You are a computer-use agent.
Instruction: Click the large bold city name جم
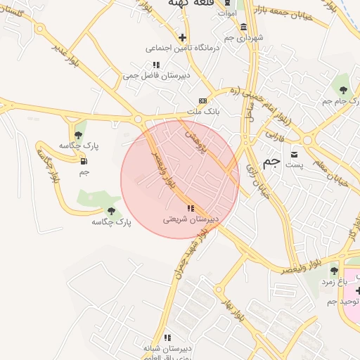tap(271, 161)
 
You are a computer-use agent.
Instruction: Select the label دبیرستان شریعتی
tap(191, 219)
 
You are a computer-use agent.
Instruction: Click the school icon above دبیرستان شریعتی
tap(191, 207)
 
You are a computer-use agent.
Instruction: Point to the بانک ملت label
tap(204, 112)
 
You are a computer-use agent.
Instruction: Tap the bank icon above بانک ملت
tap(203, 101)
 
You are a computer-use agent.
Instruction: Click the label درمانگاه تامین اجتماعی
tap(183, 49)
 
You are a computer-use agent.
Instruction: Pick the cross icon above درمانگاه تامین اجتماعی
tap(183, 37)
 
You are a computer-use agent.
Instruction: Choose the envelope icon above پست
tap(295, 155)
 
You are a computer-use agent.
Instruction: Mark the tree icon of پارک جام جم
tap(343, 90)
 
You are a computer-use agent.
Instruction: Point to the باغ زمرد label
tap(335, 281)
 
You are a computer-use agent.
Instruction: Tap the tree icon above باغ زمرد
tap(334, 270)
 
